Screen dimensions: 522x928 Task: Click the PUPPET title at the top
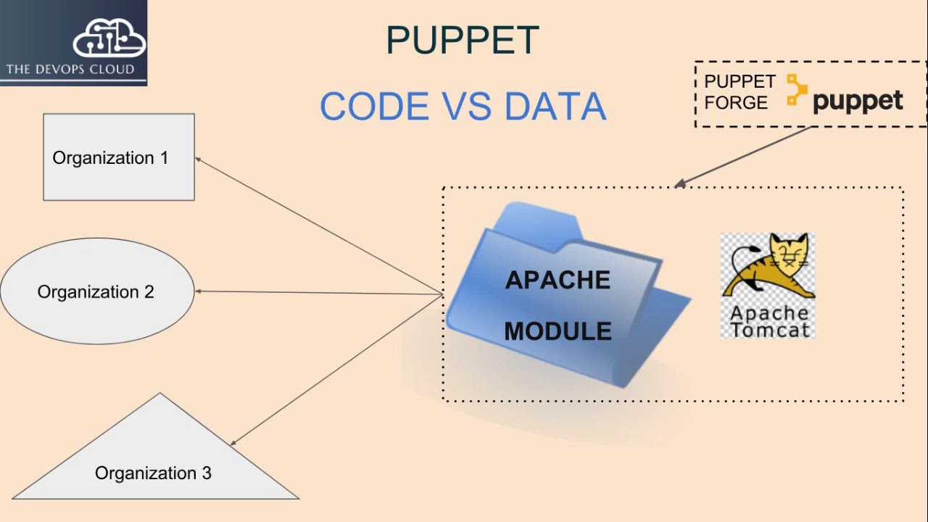(x=463, y=41)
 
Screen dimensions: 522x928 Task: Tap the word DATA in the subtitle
(x=555, y=107)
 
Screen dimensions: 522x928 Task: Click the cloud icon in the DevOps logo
(x=109, y=38)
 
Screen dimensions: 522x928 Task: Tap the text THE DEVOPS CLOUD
(x=70, y=70)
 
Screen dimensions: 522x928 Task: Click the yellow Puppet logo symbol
(x=797, y=91)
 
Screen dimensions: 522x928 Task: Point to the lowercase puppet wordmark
(x=858, y=101)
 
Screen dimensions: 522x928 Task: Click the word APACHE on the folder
(x=557, y=280)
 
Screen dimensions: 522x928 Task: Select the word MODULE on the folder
(x=558, y=331)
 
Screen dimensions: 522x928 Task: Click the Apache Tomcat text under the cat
(x=768, y=321)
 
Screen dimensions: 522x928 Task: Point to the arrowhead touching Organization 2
(x=199, y=291)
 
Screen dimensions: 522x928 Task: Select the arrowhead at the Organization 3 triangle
(x=233, y=442)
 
